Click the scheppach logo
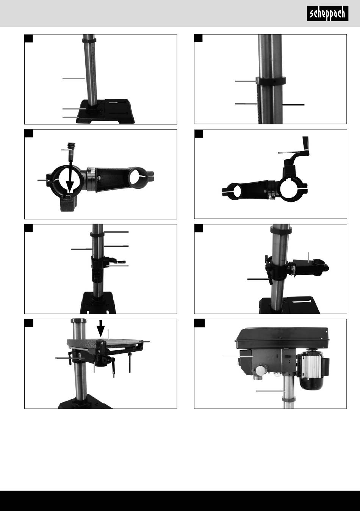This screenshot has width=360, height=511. pos(327,14)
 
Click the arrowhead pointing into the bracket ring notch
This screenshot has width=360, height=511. pos(70,186)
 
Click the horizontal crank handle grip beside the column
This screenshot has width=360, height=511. pos(121,262)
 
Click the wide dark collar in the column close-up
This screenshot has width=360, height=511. pos(271,81)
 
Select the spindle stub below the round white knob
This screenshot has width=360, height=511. pos(258,378)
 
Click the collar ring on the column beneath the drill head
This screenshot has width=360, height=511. pos(288,399)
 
